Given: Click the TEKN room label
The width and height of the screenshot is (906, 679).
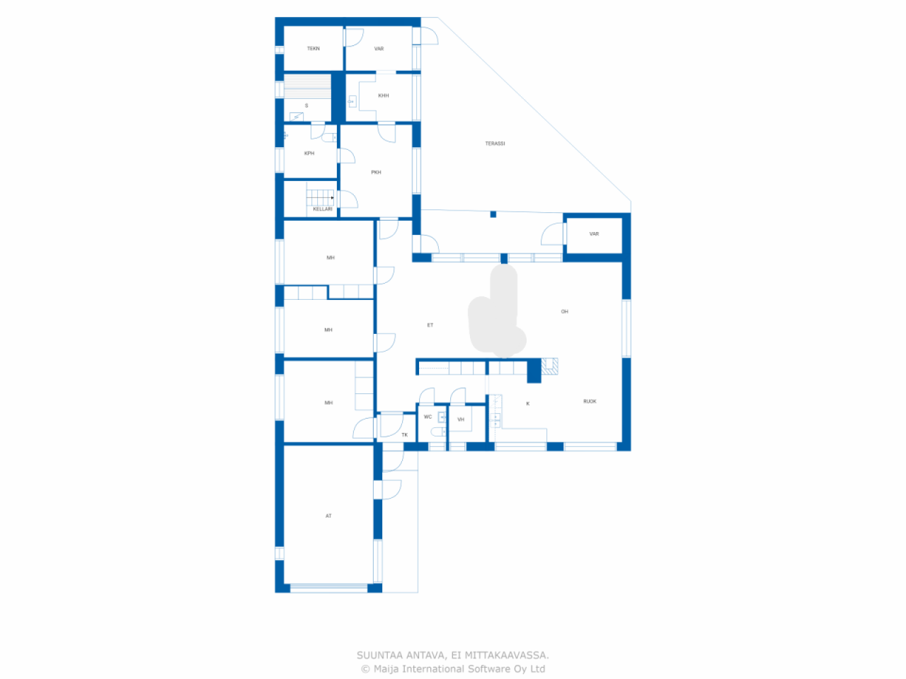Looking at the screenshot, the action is (x=314, y=49).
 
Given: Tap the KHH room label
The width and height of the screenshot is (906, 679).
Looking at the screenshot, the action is (x=384, y=95).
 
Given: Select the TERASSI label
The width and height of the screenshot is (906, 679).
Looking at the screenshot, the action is (x=495, y=144).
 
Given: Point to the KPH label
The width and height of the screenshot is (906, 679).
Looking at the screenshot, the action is (x=309, y=153).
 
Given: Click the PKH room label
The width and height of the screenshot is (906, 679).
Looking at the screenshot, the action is (x=376, y=173).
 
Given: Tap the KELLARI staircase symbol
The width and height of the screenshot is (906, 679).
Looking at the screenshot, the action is (x=320, y=197).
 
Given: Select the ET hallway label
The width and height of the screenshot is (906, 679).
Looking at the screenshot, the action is (x=430, y=325).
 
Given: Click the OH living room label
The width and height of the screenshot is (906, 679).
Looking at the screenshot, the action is (x=565, y=312).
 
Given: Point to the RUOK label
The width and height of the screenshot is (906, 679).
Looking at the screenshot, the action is (x=590, y=402).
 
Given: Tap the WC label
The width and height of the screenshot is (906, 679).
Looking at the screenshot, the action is (x=428, y=417).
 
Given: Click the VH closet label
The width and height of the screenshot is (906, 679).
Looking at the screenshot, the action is (x=461, y=419).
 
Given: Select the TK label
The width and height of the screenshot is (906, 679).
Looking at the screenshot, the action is (x=404, y=435).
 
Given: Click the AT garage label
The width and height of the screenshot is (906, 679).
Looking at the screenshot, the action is (x=328, y=516).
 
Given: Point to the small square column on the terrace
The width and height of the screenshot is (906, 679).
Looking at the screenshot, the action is (x=493, y=214).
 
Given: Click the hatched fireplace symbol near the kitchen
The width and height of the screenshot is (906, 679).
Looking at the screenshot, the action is (x=550, y=366).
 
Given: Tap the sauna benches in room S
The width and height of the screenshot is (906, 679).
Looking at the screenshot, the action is (x=307, y=86).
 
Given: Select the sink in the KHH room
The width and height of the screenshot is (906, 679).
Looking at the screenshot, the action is (x=352, y=101).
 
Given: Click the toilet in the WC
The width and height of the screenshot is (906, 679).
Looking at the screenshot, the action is (x=438, y=431).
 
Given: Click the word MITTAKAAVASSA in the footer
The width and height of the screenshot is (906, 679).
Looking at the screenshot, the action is (x=507, y=655).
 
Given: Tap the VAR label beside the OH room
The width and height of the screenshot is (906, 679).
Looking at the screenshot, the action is (x=594, y=234).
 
